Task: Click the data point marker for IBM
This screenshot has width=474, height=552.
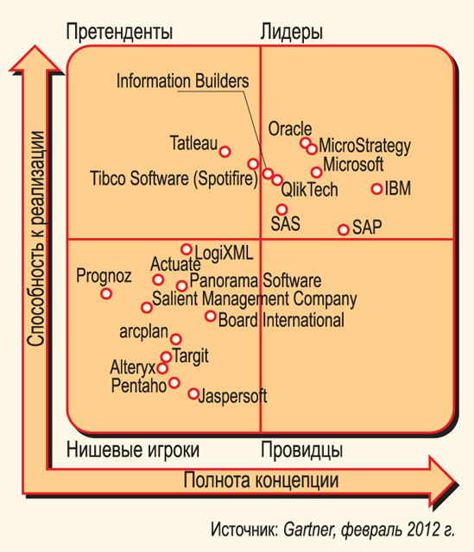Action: click(x=376, y=189)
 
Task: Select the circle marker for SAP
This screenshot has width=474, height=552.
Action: click(x=344, y=229)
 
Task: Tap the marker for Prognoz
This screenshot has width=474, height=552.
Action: click(x=106, y=293)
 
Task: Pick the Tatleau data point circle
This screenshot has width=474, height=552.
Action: click(x=224, y=152)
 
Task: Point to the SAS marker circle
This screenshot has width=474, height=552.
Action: click(x=281, y=210)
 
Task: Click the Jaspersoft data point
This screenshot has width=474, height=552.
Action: click(x=193, y=393)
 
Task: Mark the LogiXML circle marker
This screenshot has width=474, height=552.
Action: click(x=186, y=249)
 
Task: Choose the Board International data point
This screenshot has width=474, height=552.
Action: click(x=211, y=316)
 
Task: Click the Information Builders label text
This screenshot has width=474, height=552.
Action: click(x=182, y=81)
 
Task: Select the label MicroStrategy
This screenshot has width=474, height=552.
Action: click(x=364, y=147)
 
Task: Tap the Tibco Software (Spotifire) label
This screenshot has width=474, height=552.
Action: click(x=174, y=179)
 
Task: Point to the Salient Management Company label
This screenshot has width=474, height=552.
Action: click(x=255, y=299)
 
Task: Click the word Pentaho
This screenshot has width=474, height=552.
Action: click(x=139, y=386)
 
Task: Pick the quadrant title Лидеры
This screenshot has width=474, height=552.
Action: click(x=292, y=33)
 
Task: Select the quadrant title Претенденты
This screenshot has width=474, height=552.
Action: click(x=119, y=32)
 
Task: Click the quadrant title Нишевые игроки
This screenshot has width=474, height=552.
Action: click(x=133, y=450)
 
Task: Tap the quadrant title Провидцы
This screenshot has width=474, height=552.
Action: click(x=301, y=450)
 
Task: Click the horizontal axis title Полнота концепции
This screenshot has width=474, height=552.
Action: click(x=261, y=480)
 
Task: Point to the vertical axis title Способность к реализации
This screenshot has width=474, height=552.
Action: click(x=36, y=239)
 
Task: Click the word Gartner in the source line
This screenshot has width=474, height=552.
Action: click(x=309, y=529)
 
